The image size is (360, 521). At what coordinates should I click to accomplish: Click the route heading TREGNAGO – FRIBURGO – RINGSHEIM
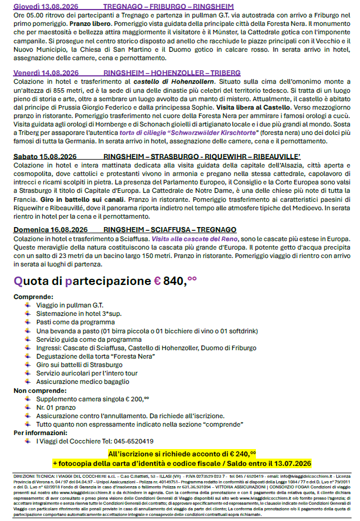169,6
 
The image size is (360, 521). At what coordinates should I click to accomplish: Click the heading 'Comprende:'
33,297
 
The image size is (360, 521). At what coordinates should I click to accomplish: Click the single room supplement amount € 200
138,398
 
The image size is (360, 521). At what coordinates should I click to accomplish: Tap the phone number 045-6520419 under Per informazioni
123,441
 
